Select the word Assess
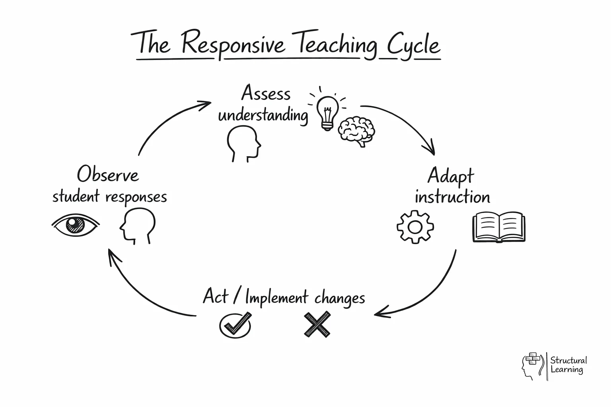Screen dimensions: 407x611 (x=266, y=94)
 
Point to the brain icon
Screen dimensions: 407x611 (x=356, y=130)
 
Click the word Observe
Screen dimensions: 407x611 (x=108, y=174)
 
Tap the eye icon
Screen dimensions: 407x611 (x=75, y=225)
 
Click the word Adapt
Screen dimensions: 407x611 (x=451, y=176)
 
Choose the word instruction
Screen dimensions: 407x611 (x=452, y=197)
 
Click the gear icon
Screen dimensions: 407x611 (x=415, y=227)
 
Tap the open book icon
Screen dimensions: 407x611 (x=499, y=227)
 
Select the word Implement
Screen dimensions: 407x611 (x=276, y=298)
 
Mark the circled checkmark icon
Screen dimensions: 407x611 (x=235, y=325)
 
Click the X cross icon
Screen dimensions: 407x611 (x=317, y=324)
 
